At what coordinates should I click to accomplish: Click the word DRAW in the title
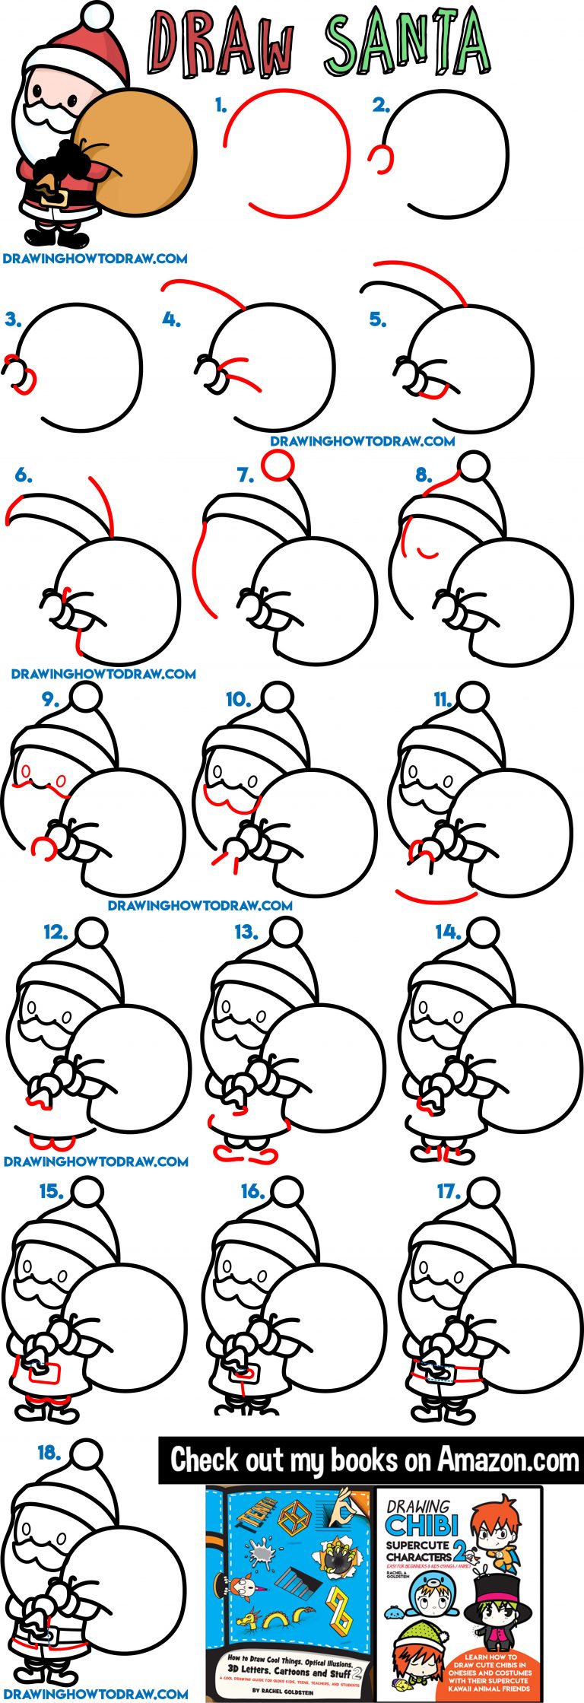point(221,44)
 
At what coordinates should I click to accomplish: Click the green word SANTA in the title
point(407,42)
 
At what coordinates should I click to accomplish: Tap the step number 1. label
point(221,105)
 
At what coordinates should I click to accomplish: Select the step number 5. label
point(378,319)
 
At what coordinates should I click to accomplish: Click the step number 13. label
point(246,932)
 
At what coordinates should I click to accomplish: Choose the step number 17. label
point(448,1191)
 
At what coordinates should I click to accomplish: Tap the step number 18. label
point(49,1452)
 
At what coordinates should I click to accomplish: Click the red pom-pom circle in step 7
point(278,465)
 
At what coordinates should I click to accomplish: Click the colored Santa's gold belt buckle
point(55,196)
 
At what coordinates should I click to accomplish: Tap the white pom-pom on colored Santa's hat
point(97,14)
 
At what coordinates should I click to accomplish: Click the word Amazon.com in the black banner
point(507,1460)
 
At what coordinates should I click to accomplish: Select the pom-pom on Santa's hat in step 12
point(92,933)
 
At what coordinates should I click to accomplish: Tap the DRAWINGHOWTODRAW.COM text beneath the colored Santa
point(95,259)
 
